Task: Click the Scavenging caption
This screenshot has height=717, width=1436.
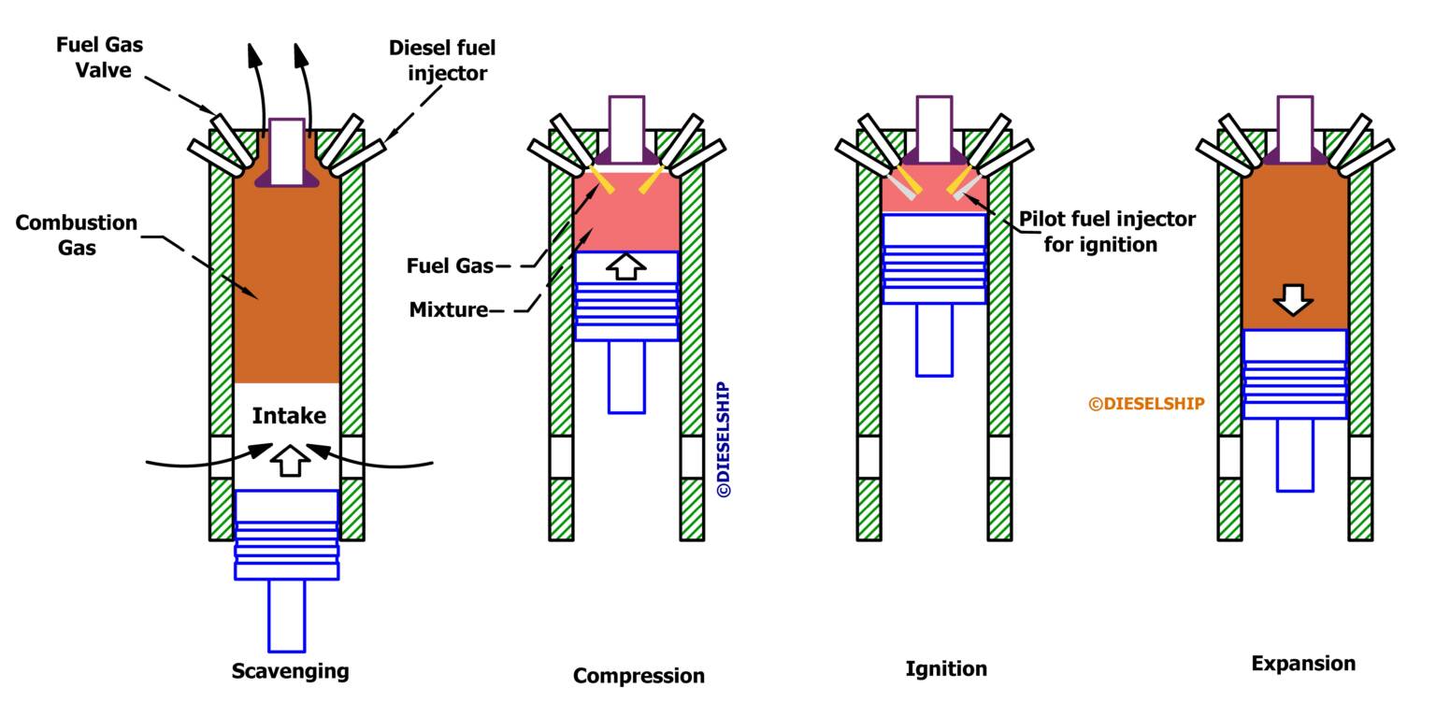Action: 290,671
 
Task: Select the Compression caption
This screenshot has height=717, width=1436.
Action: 639,676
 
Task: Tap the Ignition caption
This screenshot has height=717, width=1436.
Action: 945,668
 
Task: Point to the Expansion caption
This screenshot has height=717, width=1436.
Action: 1302,664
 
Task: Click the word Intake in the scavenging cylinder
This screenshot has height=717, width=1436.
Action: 289,416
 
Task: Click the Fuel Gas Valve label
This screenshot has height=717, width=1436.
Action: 99,57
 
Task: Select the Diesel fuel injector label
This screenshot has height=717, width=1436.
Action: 441,60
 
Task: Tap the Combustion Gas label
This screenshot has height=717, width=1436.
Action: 77,235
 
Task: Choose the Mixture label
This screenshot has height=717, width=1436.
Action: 449,310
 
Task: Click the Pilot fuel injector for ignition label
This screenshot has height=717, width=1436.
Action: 1106,232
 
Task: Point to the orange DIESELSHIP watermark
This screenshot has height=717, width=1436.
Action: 1146,404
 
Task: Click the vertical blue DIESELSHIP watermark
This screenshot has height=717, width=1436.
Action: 724,439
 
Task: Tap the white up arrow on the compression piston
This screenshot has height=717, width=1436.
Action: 625,266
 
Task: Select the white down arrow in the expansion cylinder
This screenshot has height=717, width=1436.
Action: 1294,300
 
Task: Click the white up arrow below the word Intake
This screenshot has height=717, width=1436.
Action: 289,461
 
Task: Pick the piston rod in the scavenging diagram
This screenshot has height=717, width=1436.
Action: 286,615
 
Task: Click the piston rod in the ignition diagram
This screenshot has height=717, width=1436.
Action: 934,340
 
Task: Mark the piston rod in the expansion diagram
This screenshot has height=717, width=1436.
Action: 1295,454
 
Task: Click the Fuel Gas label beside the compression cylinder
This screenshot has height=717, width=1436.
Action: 450,265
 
